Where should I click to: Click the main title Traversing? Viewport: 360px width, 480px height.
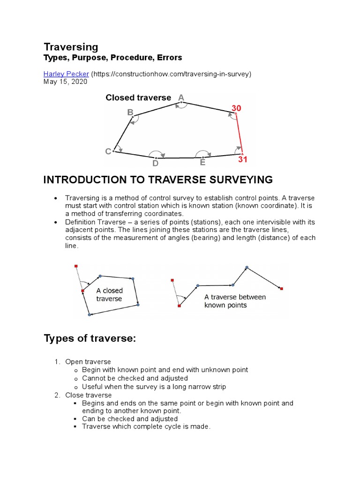pyautogui.click(x=71, y=47)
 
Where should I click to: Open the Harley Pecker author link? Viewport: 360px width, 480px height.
pyautogui.click(x=66, y=74)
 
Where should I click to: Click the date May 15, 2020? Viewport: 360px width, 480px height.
pyautogui.click(x=65, y=82)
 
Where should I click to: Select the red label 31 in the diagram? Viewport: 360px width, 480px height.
pyautogui.click(x=243, y=160)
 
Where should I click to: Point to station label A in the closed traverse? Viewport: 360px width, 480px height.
pyautogui.click(x=181, y=97)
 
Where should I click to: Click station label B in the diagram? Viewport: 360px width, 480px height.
pyautogui.click(x=130, y=112)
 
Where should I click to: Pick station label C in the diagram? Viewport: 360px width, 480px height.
pyautogui.click(x=108, y=151)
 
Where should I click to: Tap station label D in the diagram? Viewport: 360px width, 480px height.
pyautogui.click(x=155, y=164)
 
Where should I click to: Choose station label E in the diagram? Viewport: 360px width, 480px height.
pyautogui.click(x=202, y=163)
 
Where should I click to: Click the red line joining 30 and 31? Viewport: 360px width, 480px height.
pyautogui.click(x=239, y=134)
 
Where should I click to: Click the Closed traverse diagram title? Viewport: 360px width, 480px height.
pyautogui.click(x=138, y=97)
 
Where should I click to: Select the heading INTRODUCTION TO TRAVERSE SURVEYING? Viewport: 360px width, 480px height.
pyautogui.click(x=158, y=180)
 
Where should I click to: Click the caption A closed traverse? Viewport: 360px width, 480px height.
pyautogui.click(x=109, y=295)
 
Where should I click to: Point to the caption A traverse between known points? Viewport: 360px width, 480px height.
pyautogui.click(x=235, y=301)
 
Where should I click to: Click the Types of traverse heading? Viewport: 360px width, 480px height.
pyautogui.click(x=90, y=338)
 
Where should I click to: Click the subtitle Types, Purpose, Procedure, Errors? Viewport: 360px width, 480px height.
pyautogui.click(x=112, y=58)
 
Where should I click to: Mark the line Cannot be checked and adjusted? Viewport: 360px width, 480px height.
pyautogui.click(x=135, y=378)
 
